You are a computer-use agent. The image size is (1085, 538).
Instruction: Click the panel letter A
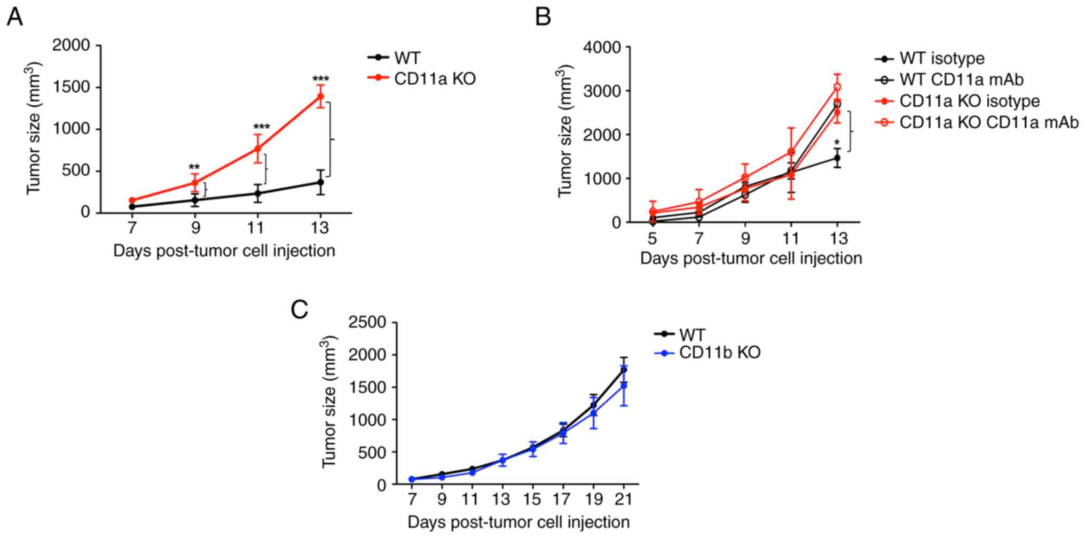pyautogui.click(x=14, y=17)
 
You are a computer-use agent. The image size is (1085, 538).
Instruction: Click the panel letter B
pyautogui.click(x=543, y=17)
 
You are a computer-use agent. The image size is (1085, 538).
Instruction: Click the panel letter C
pyautogui.click(x=300, y=309)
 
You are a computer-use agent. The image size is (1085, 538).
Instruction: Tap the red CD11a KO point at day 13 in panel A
pyautogui.click(x=320, y=96)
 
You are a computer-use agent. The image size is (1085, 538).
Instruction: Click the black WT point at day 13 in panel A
pyautogui.click(x=320, y=182)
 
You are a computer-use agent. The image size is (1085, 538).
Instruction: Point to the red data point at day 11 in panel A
pyautogui.click(x=257, y=149)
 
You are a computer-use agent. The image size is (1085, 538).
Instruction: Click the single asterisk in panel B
pyautogui.click(x=837, y=143)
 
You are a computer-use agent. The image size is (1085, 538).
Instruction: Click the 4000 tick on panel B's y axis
pyautogui.click(x=602, y=48)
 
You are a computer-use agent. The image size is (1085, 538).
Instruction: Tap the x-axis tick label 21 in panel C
pyautogui.click(x=623, y=500)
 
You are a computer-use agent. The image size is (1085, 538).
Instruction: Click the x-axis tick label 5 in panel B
pyautogui.click(x=652, y=238)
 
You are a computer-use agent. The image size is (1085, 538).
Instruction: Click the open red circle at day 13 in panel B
pyautogui.click(x=837, y=87)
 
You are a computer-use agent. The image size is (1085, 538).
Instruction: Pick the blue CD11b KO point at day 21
pyautogui.click(x=623, y=385)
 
